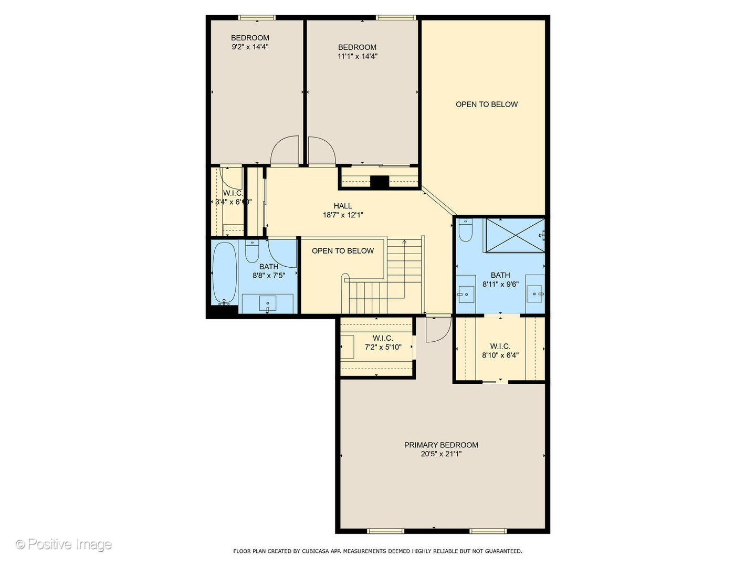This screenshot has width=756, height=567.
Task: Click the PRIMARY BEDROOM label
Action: pyautogui.click(x=441, y=445)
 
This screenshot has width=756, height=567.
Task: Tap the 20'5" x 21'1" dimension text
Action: pyautogui.click(x=441, y=454)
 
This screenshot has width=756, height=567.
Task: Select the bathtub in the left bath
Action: pyautogui.click(x=225, y=273)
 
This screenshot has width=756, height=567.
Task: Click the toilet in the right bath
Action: pyautogui.click(x=466, y=230)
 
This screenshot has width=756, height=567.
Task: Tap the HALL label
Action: pyautogui.click(x=343, y=206)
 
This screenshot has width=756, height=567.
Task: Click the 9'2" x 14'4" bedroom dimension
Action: pyautogui.click(x=250, y=47)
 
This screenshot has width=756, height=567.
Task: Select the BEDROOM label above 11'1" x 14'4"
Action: pyautogui.click(x=357, y=47)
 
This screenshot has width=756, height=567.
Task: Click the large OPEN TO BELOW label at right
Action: pyautogui.click(x=487, y=104)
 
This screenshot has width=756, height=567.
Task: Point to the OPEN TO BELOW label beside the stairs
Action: pyautogui.click(x=343, y=251)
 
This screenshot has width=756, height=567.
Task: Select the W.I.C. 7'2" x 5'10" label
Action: pyautogui.click(x=383, y=338)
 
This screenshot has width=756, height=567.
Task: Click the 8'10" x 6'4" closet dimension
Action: pyautogui.click(x=500, y=355)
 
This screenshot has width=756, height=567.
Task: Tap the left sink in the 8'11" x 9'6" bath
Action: pyautogui.click(x=465, y=295)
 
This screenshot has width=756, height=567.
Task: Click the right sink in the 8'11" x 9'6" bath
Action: pyautogui.click(x=534, y=295)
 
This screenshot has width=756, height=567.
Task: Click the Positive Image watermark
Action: pyautogui.click(x=64, y=544)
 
